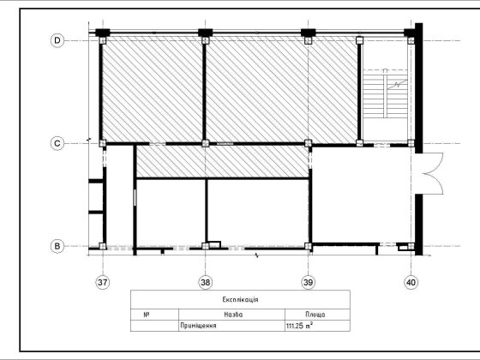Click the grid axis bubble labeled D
click(57, 40)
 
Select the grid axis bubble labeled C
click(57, 143)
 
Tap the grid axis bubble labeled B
click(57, 246)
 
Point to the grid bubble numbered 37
click(103, 282)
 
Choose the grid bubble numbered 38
click(206, 282)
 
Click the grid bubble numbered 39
click(308, 282)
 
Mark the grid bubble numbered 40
click(411, 282)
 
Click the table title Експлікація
click(240, 299)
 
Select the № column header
click(147, 315)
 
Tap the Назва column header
click(233, 315)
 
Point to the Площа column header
click(315, 315)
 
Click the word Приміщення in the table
click(198, 326)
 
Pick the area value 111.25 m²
click(299, 326)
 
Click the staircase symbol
click(385, 93)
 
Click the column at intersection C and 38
click(206, 143)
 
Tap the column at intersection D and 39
click(308, 40)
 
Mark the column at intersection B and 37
click(103, 246)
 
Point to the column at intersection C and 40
click(411, 143)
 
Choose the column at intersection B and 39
click(308, 246)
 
